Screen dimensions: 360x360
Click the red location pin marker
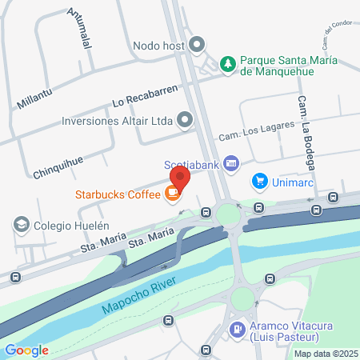tap(180, 178)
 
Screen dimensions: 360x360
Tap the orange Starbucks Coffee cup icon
tap(171, 193)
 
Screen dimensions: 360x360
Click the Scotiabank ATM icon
tap(230, 163)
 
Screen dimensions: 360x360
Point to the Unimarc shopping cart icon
tap(259, 181)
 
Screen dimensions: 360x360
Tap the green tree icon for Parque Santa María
tap(228, 62)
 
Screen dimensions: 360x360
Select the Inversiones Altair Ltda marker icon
tap(185, 122)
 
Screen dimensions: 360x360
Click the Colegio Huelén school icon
tap(21, 225)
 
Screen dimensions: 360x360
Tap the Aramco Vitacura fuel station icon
tap(237, 328)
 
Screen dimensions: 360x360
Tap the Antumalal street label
tap(81, 29)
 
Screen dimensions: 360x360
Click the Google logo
tap(26, 350)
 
